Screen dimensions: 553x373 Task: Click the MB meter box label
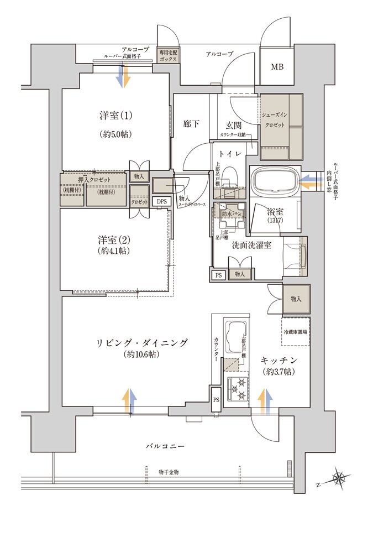coord(277,67)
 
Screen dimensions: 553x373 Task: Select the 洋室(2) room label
coord(114,240)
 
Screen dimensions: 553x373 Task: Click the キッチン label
coord(279,361)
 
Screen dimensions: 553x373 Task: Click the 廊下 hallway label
coord(191,124)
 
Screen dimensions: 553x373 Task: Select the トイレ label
coord(229,154)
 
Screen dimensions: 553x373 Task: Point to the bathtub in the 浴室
coord(275,181)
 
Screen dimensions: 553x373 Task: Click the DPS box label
coord(161,202)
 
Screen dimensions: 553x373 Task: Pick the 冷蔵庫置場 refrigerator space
coord(296,332)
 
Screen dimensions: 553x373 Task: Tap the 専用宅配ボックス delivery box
coord(167,55)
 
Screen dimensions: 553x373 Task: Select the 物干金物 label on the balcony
coord(169,472)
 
